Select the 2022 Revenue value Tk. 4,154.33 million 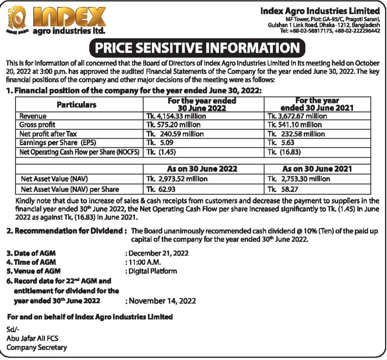tap(176, 116)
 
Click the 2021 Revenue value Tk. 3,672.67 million tap(297, 116)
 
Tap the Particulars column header tap(77, 105)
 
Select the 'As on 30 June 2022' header tap(203, 169)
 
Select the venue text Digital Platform tap(153, 271)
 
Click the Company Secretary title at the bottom tap(36, 348)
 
